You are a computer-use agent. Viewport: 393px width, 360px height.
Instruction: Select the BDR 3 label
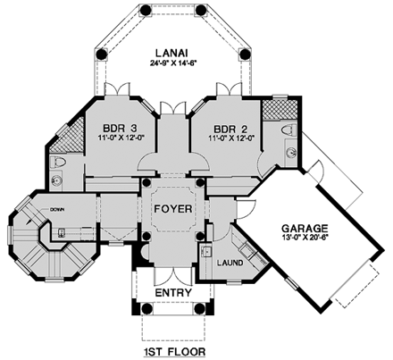click(119, 127)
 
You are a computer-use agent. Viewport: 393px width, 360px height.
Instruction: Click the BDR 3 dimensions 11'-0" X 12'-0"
click(119, 138)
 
